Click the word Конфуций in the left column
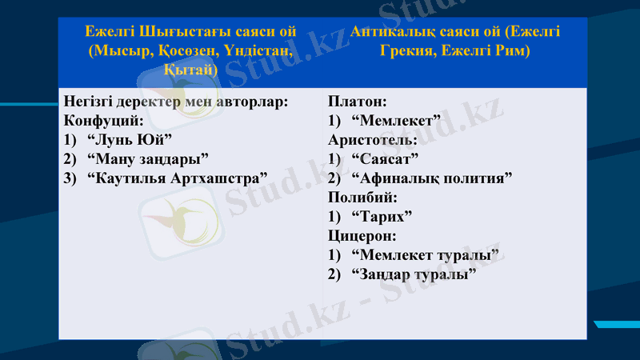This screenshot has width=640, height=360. [x=103, y=121]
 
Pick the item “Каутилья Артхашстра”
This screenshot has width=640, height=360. [x=176, y=178]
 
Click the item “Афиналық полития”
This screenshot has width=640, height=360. [x=431, y=178]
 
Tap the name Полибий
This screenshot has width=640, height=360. [x=362, y=197]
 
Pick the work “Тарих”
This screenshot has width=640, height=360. [x=382, y=216]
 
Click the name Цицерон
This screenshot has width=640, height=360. [x=362, y=235]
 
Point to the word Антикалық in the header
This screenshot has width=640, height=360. [x=394, y=32]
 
